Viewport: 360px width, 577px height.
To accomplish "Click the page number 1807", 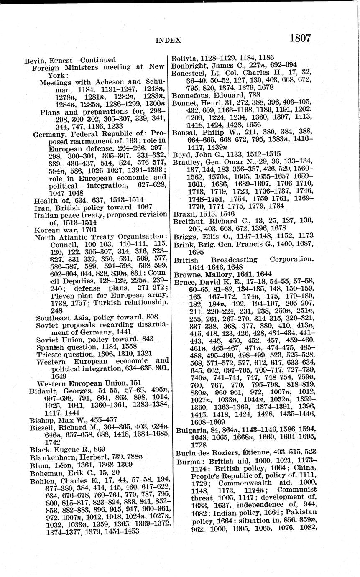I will click(x=299, y=38).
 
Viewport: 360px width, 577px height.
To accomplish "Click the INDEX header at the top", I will click(x=168, y=41).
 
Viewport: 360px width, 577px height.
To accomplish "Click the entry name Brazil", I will click(x=182, y=214).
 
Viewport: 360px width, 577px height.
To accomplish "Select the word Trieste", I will click(x=49, y=353).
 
